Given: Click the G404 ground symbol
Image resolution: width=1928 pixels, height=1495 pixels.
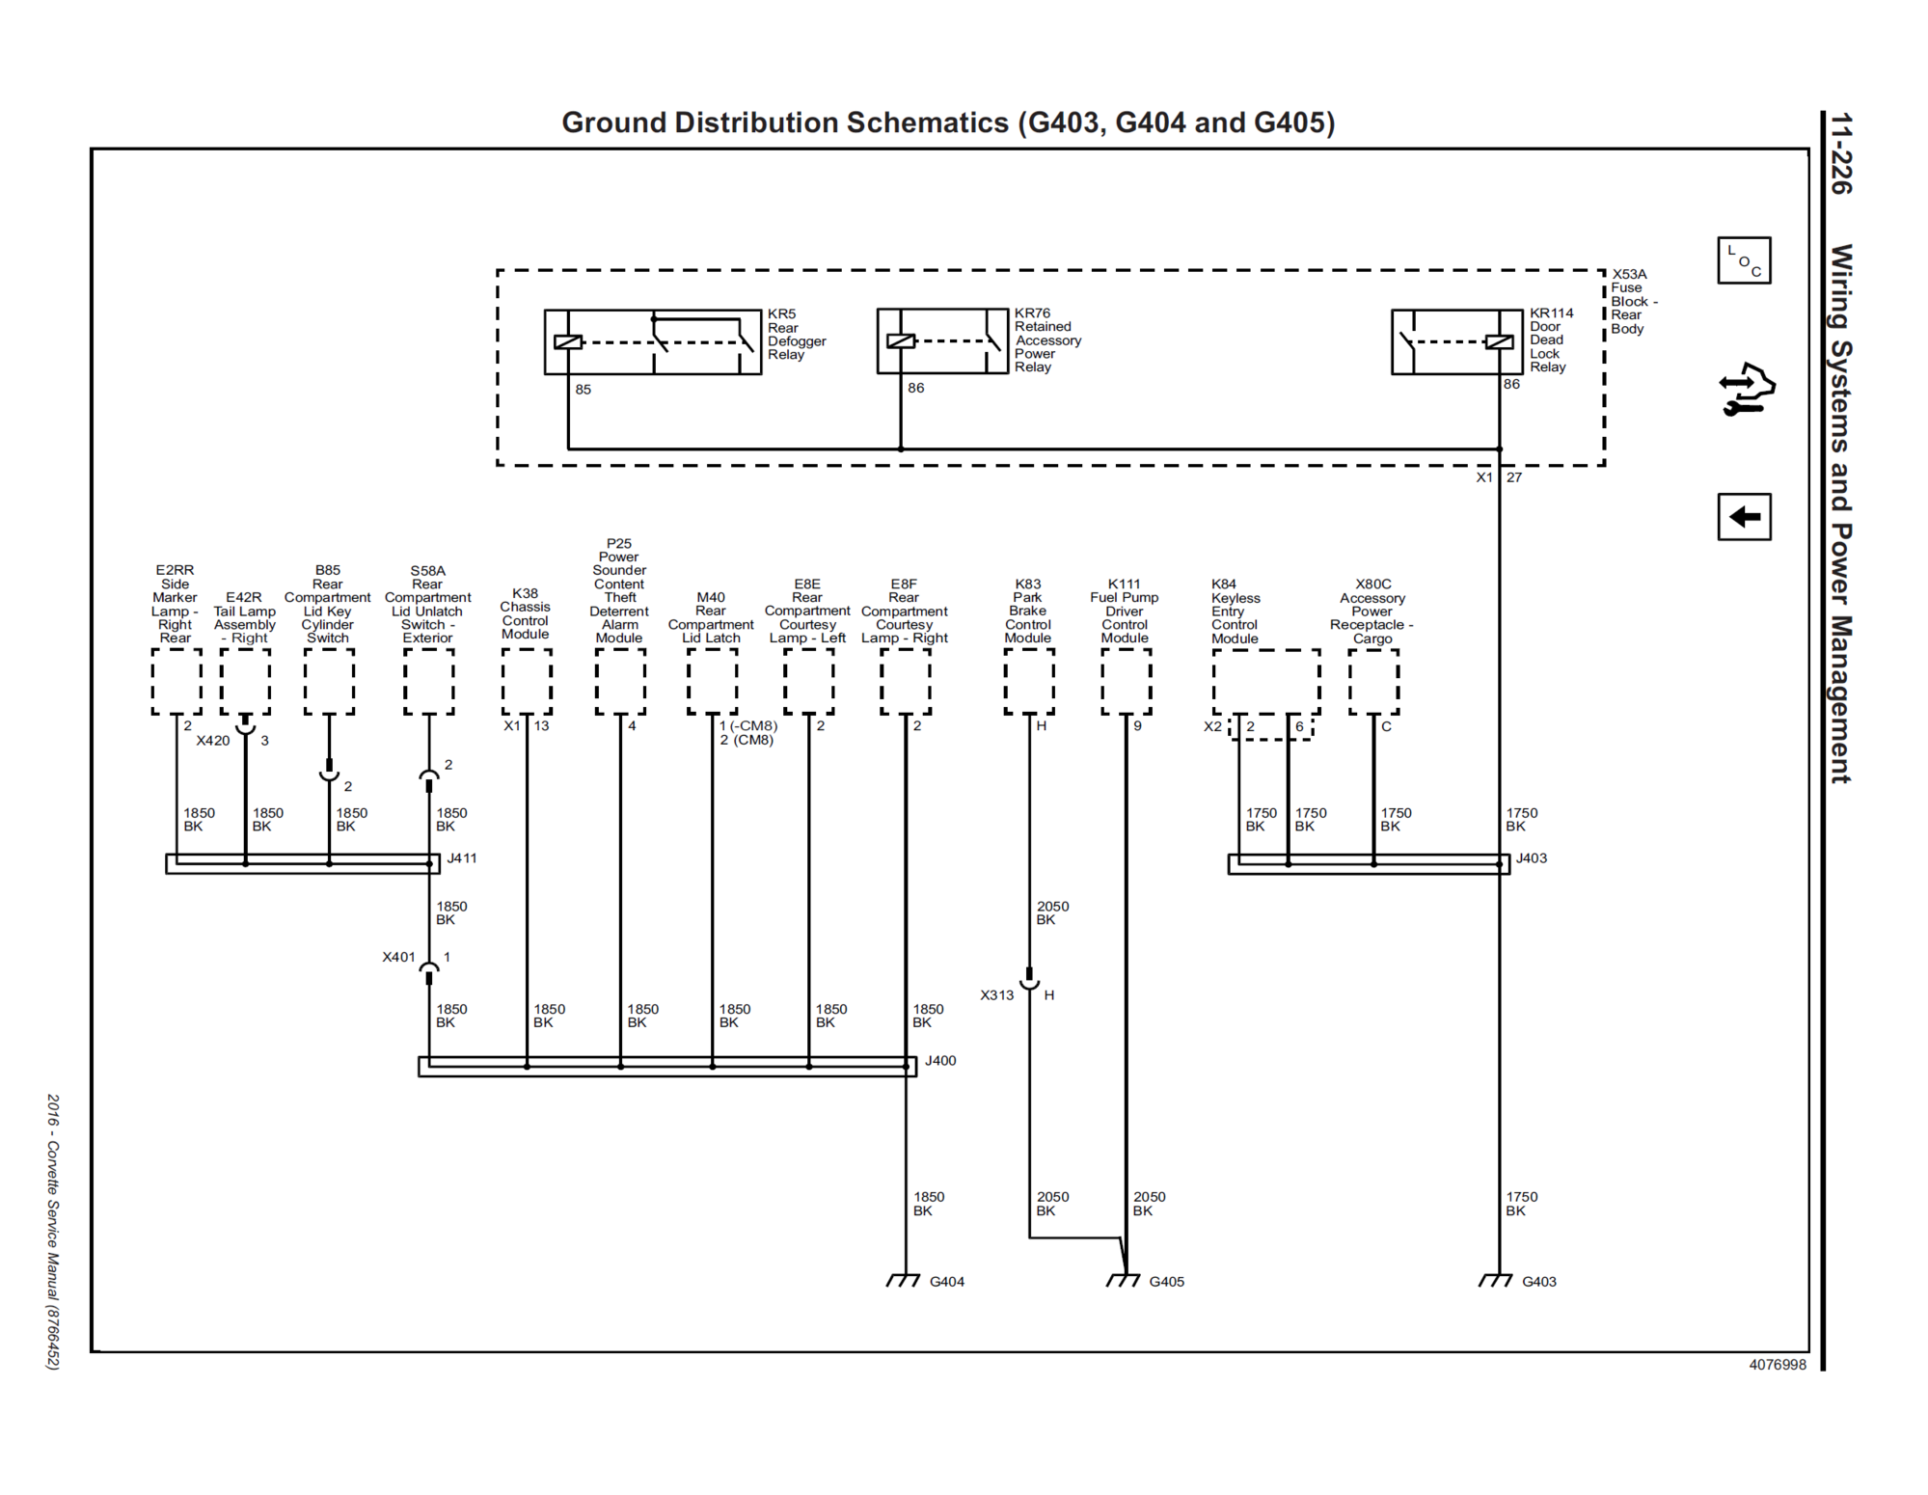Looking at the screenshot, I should click(904, 1280).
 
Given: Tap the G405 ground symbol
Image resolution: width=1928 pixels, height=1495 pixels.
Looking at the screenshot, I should click(1124, 1280).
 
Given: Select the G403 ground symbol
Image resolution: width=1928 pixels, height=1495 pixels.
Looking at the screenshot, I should click(1496, 1280).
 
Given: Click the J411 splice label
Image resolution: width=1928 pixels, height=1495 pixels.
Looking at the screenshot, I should click(462, 857).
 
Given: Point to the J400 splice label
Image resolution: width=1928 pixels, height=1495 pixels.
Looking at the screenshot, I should click(940, 1060).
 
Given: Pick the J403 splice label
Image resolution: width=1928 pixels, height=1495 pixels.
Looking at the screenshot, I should click(1531, 857).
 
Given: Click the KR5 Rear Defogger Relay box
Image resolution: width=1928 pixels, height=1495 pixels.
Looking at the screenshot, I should click(653, 341).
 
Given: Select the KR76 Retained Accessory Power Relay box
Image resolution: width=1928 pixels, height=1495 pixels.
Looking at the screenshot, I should click(942, 340).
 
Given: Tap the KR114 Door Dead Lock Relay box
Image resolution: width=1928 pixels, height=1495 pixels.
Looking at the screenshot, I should click(1456, 341).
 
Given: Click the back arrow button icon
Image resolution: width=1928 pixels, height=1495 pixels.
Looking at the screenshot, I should click(1744, 517).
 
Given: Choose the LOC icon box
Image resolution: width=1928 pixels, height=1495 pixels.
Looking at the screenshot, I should click(1744, 260).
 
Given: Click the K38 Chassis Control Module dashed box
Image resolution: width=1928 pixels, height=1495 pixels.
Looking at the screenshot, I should click(527, 681).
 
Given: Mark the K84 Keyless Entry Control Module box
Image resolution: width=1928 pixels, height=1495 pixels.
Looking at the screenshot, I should click(1265, 682).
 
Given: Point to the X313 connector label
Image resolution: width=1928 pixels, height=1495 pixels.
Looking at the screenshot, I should click(997, 994).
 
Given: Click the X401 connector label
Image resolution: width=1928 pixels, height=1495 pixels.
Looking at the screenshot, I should click(398, 957).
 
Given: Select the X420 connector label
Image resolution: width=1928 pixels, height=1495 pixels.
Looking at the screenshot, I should click(213, 741).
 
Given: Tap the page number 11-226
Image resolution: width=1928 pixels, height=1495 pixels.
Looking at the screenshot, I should click(1841, 154).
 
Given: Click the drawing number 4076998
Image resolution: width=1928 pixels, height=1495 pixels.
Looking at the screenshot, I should click(1777, 1365).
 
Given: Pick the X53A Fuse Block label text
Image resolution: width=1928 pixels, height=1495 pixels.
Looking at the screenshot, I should click(1633, 301).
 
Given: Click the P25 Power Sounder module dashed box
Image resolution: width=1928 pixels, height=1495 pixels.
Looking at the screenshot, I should click(620, 681).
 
